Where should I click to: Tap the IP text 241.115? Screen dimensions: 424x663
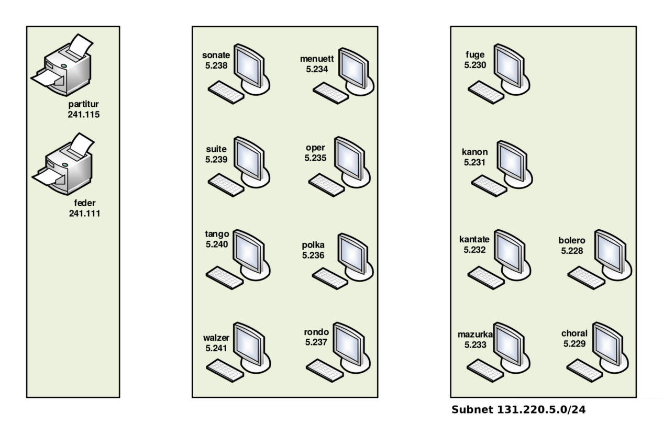(84, 114)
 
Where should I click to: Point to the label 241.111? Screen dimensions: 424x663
(84, 213)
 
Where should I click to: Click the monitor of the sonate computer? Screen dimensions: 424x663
(248, 66)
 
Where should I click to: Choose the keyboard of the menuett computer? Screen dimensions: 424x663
(331, 93)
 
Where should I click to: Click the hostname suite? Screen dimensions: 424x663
(216, 149)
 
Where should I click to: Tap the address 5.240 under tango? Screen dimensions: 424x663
(217, 243)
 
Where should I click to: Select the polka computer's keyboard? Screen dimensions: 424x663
(330, 278)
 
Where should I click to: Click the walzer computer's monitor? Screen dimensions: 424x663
(248, 343)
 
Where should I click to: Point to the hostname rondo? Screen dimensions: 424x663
(316, 332)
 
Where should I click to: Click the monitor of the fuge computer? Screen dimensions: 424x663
(509, 65)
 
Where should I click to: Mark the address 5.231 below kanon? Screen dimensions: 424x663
(474, 162)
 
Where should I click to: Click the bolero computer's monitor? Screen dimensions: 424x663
(611, 251)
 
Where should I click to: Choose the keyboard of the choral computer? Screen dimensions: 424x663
(584, 370)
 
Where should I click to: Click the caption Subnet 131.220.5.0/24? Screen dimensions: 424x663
(518, 409)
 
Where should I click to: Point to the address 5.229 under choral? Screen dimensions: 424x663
(574, 344)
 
